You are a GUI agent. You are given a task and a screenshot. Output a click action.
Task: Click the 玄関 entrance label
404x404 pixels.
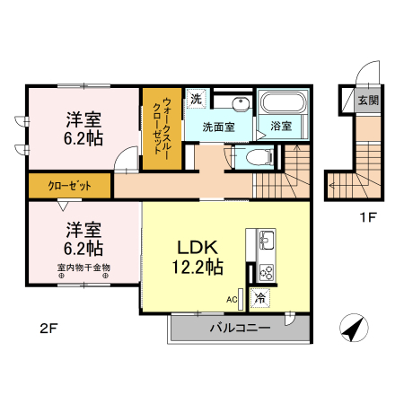tap(368, 100)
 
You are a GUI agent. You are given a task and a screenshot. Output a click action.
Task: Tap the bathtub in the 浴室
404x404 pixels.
tap(284, 102)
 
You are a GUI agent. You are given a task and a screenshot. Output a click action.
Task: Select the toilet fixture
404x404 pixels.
tap(259, 157)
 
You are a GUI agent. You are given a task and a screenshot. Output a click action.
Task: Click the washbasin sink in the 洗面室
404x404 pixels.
tap(241, 104)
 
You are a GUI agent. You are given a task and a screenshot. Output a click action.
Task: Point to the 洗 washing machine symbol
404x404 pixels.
tap(196, 99)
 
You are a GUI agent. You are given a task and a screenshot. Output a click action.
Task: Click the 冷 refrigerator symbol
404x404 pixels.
tap(260, 298)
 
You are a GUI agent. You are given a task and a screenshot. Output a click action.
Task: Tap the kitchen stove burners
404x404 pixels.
tap(266, 272)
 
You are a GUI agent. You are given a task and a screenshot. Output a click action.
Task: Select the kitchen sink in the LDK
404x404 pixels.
tap(266, 240)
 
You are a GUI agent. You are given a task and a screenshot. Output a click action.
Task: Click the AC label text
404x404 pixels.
tap(232, 299)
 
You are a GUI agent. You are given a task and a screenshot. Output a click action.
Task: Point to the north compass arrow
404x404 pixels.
tap(355, 328)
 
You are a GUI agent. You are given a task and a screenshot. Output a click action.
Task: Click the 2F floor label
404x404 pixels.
tap(48, 329)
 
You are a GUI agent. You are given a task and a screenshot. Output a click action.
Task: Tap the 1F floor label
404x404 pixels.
tap(367, 217)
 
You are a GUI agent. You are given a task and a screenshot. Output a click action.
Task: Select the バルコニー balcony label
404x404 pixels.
tap(240, 328)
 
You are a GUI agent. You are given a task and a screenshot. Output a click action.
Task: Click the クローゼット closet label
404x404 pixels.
tap(69, 186)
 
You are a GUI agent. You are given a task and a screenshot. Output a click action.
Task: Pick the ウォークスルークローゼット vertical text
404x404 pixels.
tap(162, 126)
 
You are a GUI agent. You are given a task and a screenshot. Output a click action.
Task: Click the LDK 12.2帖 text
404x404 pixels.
tap(198, 257)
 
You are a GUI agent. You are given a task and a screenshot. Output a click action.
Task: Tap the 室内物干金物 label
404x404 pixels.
tap(83, 267)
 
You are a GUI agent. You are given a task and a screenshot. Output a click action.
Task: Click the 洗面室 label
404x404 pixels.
tap(218, 127)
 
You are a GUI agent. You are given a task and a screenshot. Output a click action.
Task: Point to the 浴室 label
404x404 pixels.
tap(281, 126)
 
